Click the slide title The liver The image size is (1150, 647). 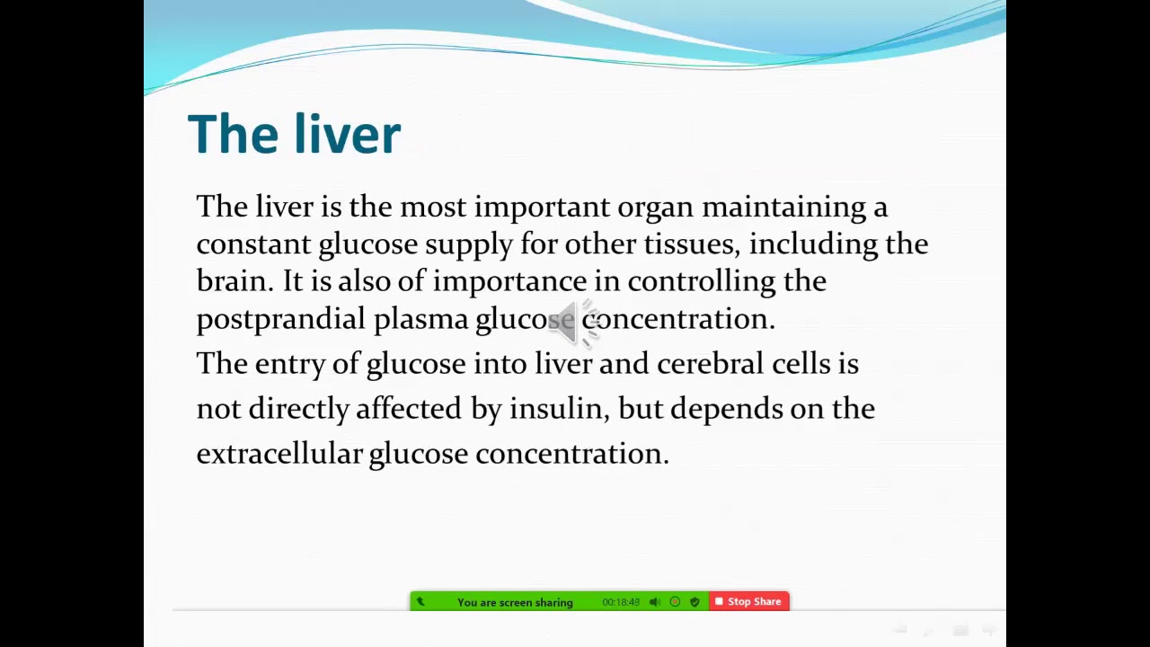point(294,135)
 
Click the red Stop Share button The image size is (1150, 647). point(749,601)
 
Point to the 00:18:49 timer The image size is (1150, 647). point(621,602)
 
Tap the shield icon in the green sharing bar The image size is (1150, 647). point(694,602)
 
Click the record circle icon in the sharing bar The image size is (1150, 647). point(675,602)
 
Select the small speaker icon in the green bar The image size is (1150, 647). point(655,602)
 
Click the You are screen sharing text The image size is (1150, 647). point(515,602)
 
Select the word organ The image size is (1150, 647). point(655,208)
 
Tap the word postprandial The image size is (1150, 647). point(280,319)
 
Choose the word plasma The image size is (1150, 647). point(420,319)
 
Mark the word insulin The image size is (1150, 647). point(557,408)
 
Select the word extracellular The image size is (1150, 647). point(279,453)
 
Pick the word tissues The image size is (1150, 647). point(691,244)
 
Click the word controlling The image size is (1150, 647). point(701,281)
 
